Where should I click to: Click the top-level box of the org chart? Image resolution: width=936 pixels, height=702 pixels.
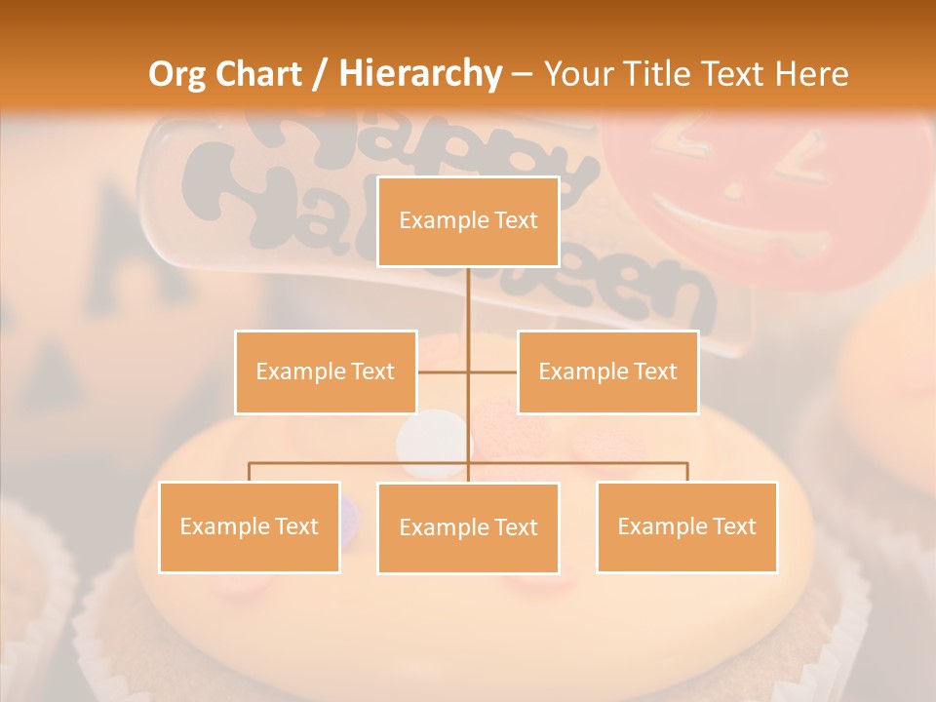coord(468,221)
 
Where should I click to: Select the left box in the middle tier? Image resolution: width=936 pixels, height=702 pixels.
coord(326,371)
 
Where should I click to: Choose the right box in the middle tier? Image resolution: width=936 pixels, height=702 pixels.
coord(607,371)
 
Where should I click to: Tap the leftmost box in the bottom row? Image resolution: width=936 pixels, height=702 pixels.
coord(250,526)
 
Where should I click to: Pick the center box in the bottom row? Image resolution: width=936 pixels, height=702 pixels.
coord(468,527)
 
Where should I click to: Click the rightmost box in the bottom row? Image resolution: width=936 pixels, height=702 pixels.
coord(686,526)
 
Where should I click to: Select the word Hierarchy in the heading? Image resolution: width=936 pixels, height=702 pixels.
coord(420,74)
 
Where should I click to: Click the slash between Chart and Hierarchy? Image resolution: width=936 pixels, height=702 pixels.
coord(321,74)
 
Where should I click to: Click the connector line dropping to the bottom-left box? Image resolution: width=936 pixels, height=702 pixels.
coord(250,472)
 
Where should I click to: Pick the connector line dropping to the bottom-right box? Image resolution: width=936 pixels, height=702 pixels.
coord(686,472)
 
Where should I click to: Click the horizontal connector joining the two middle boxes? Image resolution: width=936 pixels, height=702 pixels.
coord(468,371)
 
